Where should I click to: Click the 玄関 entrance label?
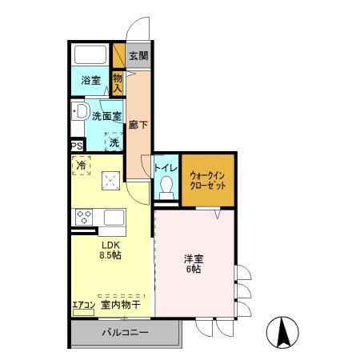point(139,56)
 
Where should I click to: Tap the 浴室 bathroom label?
point(90,80)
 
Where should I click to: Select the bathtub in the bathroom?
point(90,56)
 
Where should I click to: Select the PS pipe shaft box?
point(78,146)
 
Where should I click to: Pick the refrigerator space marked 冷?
point(82,166)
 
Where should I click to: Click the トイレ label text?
point(166,168)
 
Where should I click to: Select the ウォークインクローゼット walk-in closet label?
point(207,177)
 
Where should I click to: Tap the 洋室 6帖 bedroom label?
point(195,264)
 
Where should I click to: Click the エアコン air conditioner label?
point(83,304)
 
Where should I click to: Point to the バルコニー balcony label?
point(126,333)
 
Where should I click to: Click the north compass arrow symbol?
point(284,330)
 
